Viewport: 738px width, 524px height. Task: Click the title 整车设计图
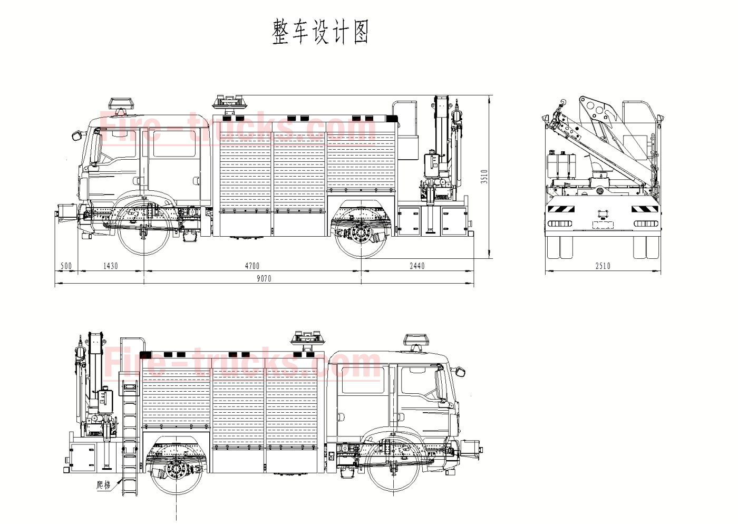320,32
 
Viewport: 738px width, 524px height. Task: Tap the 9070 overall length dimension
264,278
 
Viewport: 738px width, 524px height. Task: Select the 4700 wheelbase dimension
252,266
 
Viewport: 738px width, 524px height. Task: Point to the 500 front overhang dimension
66,266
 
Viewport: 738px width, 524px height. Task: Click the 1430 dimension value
111,266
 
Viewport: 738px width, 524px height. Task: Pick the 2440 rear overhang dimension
417,266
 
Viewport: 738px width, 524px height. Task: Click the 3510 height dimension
484,176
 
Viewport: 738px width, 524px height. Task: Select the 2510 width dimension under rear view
603,266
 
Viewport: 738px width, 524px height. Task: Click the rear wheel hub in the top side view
361,232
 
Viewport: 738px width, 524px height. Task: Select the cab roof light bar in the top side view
121,103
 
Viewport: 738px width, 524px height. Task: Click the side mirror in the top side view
77,135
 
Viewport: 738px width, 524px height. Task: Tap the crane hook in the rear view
562,103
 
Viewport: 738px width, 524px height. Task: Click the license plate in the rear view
603,225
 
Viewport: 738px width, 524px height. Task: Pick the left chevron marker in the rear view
560,209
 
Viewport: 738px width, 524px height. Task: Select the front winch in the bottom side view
471,450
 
